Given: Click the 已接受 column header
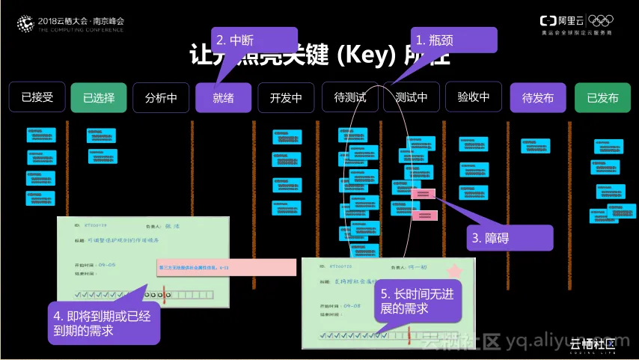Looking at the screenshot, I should coord(37,97).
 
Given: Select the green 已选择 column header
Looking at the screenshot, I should coord(99,97).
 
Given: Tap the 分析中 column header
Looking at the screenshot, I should coord(161,97).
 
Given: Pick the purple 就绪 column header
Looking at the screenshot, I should coord(223,97).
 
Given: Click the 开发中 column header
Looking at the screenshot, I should coord(286,97).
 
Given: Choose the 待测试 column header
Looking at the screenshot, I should coord(350,97).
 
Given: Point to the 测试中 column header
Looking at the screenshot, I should coord(411,97).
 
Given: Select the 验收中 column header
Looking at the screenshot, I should coord(473,97).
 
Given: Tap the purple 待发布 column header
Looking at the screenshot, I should coord(537,97).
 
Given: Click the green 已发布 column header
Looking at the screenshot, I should coord(602,97).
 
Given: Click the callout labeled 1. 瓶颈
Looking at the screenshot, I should coord(453,40).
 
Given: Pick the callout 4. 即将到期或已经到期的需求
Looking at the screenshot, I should coord(105,323).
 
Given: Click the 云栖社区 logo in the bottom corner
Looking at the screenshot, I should coord(593,345).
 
